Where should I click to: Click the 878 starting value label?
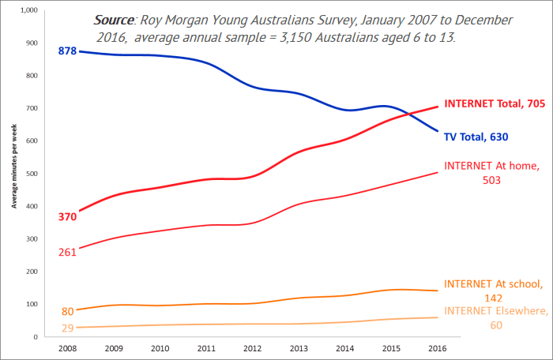tap(67, 51)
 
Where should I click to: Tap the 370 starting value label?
tap(67, 216)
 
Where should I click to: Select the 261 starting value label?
tap(67, 252)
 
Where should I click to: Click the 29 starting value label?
tap(68, 327)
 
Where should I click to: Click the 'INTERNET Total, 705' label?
tap(495, 103)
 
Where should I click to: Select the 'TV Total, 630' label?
tap(475, 137)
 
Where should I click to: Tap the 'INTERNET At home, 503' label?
tap(492, 172)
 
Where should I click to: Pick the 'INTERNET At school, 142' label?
tap(493, 291)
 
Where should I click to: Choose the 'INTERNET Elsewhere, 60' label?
tap(494, 317)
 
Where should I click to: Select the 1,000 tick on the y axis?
tap(28, 10)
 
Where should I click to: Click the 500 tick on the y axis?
tap(31, 174)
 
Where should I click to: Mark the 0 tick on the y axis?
tap(36, 337)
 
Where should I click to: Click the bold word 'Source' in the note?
tap(114, 19)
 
